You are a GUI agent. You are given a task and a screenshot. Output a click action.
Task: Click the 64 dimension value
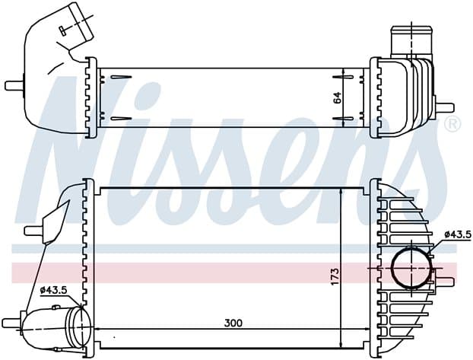[x=337, y=97]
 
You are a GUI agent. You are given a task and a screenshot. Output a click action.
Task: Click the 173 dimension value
[x=335, y=276]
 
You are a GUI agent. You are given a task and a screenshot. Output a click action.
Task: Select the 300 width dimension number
[x=233, y=323]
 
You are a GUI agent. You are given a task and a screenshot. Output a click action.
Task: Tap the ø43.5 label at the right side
[x=458, y=234]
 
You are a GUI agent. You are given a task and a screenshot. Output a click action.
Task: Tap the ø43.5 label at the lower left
[x=53, y=290]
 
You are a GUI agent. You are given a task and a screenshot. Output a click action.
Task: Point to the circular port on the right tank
[x=411, y=268]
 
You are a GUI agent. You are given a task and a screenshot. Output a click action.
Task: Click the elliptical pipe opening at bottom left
[x=81, y=327]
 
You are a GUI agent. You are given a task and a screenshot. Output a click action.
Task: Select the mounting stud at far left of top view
[x=14, y=85]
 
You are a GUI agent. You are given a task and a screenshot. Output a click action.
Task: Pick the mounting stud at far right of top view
[x=445, y=107]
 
